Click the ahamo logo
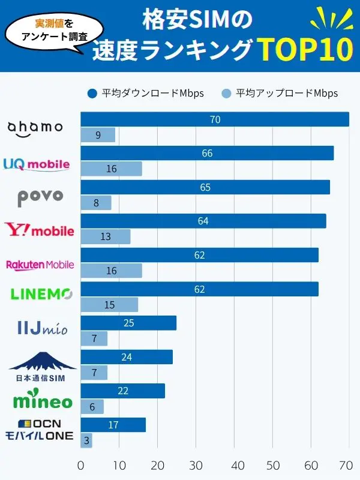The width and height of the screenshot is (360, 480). (35, 127)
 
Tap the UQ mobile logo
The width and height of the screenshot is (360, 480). (37, 164)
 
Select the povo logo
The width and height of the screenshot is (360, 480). (40, 196)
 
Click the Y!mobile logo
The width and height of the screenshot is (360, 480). (40, 230)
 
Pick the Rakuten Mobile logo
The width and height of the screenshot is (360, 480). (40, 264)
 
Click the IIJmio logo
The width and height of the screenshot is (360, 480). (43, 328)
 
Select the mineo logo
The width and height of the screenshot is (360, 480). (43, 400)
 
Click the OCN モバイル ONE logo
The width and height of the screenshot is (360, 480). (40, 430)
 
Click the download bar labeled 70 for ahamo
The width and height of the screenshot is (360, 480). (215, 119)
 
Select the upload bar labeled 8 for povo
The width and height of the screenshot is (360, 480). (96, 203)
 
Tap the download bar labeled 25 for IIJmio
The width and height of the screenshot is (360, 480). (128, 323)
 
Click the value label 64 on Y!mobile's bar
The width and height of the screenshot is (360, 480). (203, 221)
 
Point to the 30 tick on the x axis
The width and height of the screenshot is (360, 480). (196, 465)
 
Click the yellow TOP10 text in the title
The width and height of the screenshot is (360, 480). (305, 50)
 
